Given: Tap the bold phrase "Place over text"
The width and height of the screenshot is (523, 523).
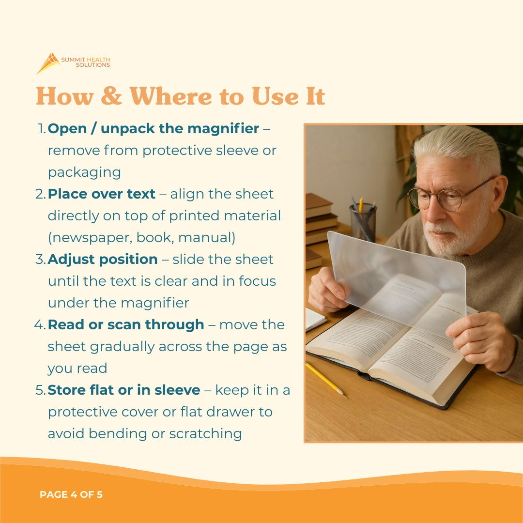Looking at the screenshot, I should coord(102,194).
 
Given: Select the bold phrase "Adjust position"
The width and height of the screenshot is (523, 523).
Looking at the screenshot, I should coord(103,260).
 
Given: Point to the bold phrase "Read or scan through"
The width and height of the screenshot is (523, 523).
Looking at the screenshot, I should coord(126,325).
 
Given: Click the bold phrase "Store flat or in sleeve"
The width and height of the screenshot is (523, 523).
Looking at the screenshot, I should coord(124,390).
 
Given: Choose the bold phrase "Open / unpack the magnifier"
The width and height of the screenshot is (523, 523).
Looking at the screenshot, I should coord(154,129).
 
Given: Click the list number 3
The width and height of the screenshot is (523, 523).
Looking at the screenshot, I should coord(40,260).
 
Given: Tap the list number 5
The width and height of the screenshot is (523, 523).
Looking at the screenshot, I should coord(40,390).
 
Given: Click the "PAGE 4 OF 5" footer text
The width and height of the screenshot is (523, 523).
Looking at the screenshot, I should coord(71,495).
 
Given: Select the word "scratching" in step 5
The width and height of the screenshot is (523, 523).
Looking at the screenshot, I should coord(205,433).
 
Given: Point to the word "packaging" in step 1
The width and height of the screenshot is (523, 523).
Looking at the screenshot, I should coord(84,172).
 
